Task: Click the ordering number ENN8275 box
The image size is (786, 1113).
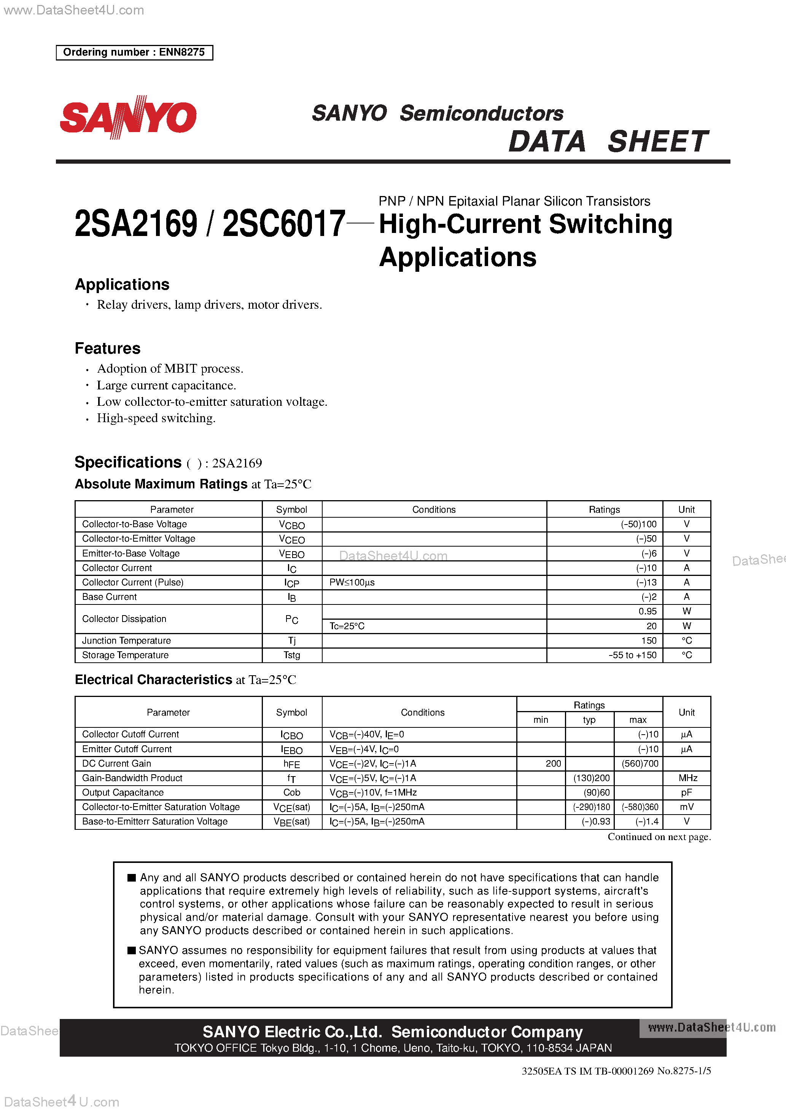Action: (134, 53)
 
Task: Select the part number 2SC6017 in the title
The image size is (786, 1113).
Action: (283, 224)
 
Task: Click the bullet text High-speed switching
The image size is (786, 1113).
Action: (156, 418)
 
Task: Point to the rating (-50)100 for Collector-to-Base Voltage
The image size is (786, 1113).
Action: (638, 524)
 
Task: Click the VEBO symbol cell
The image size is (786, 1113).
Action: (292, 553)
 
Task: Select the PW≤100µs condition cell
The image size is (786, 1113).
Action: (352, 582)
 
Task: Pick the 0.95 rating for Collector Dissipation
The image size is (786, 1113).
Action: (648, 611)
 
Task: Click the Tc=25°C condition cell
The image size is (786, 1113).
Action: (347, 626)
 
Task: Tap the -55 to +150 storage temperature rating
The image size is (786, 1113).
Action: (632, 655)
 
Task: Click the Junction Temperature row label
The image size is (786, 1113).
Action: (126, 640)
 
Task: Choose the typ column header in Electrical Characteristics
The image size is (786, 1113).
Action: (589, 720)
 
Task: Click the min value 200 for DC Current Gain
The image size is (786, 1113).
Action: (553, 764)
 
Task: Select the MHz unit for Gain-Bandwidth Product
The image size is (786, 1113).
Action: (687, 778)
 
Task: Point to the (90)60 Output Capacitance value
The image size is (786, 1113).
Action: (597, 792)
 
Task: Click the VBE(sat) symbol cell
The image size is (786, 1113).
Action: (292, 822)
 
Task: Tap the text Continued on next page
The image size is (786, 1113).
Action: (659, 837)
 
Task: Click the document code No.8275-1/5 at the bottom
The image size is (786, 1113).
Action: (684, 1071)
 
